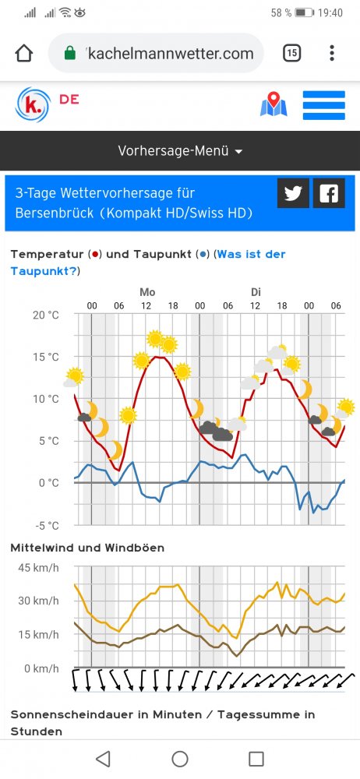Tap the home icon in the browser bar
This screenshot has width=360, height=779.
coord(24,53)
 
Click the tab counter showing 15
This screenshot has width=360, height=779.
coord(291,53)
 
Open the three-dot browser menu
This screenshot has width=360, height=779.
coord(332,53)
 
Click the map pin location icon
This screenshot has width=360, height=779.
coord(273,104)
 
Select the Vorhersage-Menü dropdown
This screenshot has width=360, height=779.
coord(180,151)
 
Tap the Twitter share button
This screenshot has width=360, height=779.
coord(293,193)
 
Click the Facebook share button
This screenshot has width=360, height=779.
coord(329,193)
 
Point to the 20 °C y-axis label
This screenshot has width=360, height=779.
coord(45,315)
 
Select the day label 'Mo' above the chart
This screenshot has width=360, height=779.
coord(147,292)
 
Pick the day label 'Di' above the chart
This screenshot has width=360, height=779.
coord(256,292)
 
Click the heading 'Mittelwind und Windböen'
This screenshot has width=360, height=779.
coord(87,548)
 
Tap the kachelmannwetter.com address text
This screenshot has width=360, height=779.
coord(171,54)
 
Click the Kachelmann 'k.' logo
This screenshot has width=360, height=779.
coord(34,104)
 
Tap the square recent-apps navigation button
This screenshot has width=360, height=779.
coord(256,758)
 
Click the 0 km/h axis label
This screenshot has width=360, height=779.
coord(41,668)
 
